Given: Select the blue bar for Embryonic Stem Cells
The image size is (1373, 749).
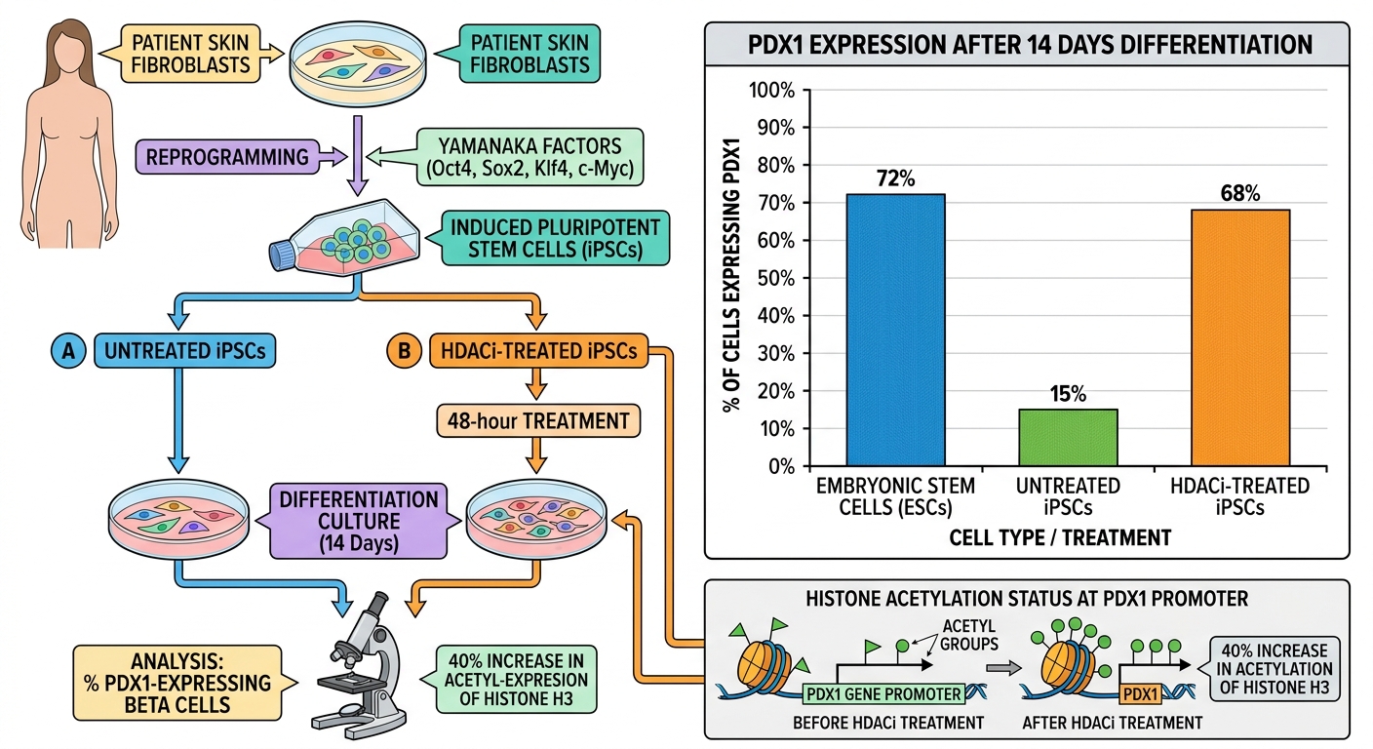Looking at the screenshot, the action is coord(895,330).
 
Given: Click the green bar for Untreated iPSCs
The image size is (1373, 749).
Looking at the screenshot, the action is coord(1068,437).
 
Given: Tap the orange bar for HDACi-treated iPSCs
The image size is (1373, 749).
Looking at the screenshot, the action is coord(1240,337).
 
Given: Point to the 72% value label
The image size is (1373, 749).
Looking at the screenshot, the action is coord(895,178).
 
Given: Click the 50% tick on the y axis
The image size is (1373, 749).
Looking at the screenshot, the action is coord(776,278).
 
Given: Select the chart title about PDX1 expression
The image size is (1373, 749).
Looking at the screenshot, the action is coord(1030,45).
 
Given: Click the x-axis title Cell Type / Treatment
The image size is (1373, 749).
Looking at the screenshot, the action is coord(1060,537).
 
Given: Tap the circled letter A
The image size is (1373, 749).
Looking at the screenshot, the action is coord(68,350).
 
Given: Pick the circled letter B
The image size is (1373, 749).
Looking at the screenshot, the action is coord(404,350).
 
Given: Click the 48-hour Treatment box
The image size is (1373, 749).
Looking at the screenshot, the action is coord(538,420).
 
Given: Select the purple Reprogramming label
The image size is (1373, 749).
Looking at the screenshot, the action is coord(227,157).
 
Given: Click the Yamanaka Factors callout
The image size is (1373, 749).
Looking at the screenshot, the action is coord(530,157).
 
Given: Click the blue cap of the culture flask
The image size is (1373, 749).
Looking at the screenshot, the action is coord(283,256).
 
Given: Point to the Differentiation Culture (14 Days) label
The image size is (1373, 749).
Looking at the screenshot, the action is coord(359,521).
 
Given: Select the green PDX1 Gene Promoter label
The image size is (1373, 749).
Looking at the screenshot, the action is coord(883,693).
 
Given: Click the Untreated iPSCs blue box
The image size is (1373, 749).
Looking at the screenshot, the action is coord(184,350).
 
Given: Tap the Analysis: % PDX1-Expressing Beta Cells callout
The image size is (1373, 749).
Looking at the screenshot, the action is coord(177,683).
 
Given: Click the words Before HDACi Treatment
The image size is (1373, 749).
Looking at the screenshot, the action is coord(888,724).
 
